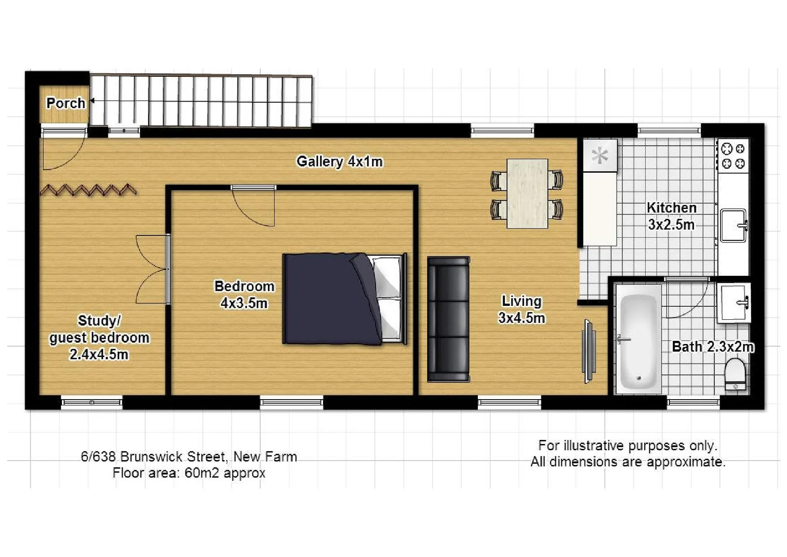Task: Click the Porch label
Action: point(66,103)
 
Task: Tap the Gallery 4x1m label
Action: point(339,161)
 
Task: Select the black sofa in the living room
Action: point(448,319)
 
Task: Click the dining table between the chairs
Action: point(527,193)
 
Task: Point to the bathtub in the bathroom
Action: point(638,338)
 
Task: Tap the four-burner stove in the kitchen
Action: point(733,156)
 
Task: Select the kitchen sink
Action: point(733,225)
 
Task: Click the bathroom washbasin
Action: point(733,302)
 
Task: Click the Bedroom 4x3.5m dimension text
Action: point(244,303)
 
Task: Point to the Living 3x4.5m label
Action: point(521,309)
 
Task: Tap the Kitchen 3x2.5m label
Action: point(671,216)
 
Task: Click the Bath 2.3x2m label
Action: point(713,347)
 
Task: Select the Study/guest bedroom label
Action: point(99,337)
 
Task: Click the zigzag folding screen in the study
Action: point(88,190)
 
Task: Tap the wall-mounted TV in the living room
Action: point(588,351)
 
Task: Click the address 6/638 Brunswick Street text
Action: point(189,456)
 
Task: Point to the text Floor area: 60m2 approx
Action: point(189,473)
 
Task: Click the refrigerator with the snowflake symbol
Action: point(600,155)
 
